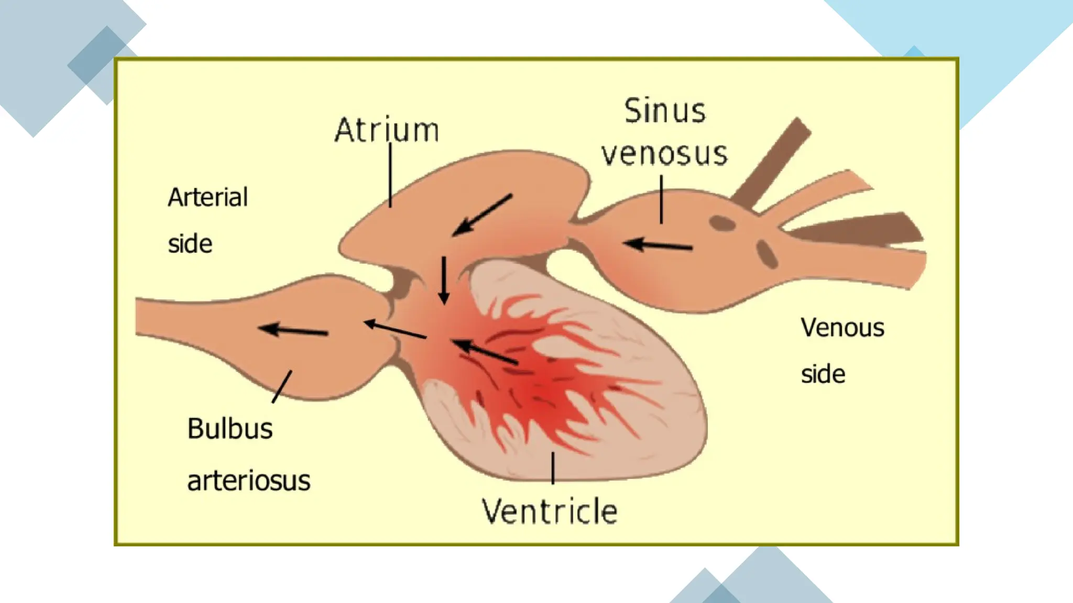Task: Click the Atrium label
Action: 387,130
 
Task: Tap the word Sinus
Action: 664,112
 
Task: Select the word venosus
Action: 664,154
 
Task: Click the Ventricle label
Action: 550,511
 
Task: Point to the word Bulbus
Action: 230,429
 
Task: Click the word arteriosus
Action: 249,481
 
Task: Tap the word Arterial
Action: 207,198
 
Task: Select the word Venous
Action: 842,328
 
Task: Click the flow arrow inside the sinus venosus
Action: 659,245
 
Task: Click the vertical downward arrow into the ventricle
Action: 444,280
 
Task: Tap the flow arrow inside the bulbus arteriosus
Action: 293,330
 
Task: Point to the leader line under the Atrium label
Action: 390,175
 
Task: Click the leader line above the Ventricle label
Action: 553,467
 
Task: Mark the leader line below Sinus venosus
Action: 661,199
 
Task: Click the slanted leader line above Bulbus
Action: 282,387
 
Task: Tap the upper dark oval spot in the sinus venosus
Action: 722,224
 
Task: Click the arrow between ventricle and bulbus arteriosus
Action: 395,330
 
